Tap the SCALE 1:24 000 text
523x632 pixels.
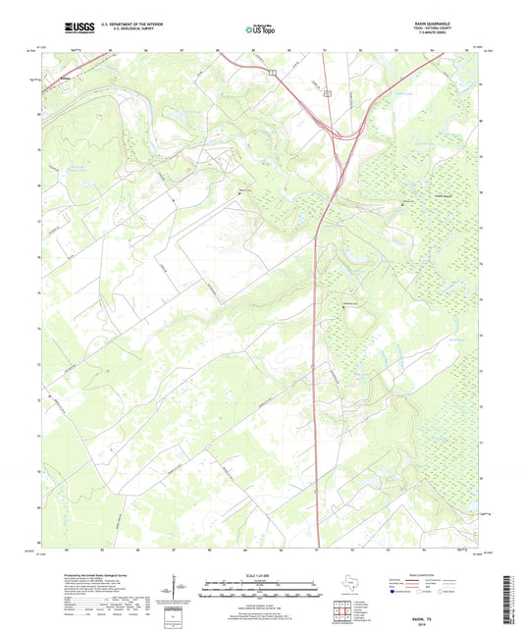(260, 575)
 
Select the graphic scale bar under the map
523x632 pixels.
(260, 589)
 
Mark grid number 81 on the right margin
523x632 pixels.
(483, 83)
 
